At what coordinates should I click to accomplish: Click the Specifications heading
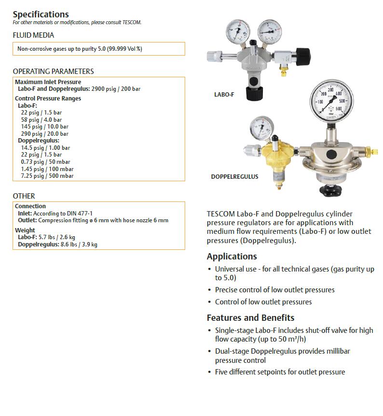pos(41,14)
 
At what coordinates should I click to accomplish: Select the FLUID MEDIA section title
pos(33,35)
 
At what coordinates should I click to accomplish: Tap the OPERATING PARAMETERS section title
pos(53,72)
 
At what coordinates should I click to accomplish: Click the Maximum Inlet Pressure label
pos(48,82)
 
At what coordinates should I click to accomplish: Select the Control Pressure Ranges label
pos(48,99)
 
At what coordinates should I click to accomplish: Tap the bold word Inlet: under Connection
pos(25,213)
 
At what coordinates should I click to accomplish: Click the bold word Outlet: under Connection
pos(27,220)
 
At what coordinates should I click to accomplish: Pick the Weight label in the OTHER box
pos(25,230)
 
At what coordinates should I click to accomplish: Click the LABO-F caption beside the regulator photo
pos(224,95)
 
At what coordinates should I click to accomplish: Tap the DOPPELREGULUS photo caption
pos(234,177)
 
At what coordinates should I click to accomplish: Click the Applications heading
pos(232,257)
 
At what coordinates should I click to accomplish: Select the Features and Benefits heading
pos(250,318)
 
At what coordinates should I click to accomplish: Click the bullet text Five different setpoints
pos(280,372)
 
